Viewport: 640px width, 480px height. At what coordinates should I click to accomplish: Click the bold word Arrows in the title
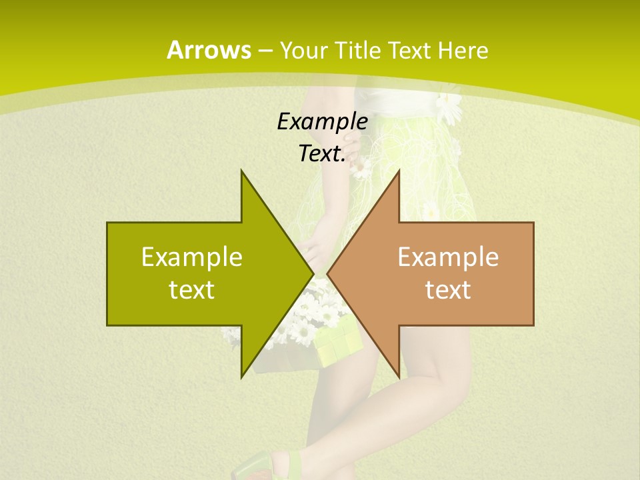pos(209,50)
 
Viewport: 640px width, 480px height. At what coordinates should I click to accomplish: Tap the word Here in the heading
pos(463,50)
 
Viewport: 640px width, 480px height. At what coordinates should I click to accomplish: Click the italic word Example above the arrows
pos(322,121)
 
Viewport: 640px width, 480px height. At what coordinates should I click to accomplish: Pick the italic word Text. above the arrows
pos(322,153)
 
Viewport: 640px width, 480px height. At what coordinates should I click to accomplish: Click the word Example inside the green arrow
pos(192,257)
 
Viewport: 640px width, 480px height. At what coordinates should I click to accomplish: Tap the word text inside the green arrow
pos(192,289)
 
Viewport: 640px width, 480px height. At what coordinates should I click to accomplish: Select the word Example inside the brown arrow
pos(448,257)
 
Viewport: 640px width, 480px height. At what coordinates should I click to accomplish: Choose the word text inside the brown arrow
pos(448,289)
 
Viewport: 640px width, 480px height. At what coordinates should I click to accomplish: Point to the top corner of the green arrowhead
pos(241,171)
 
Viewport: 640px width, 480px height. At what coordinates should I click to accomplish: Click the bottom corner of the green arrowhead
pos(241,377)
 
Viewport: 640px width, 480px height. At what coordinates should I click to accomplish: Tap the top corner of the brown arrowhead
pos(399,171)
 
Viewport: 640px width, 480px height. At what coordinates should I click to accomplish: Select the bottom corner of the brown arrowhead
pos(399,377)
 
